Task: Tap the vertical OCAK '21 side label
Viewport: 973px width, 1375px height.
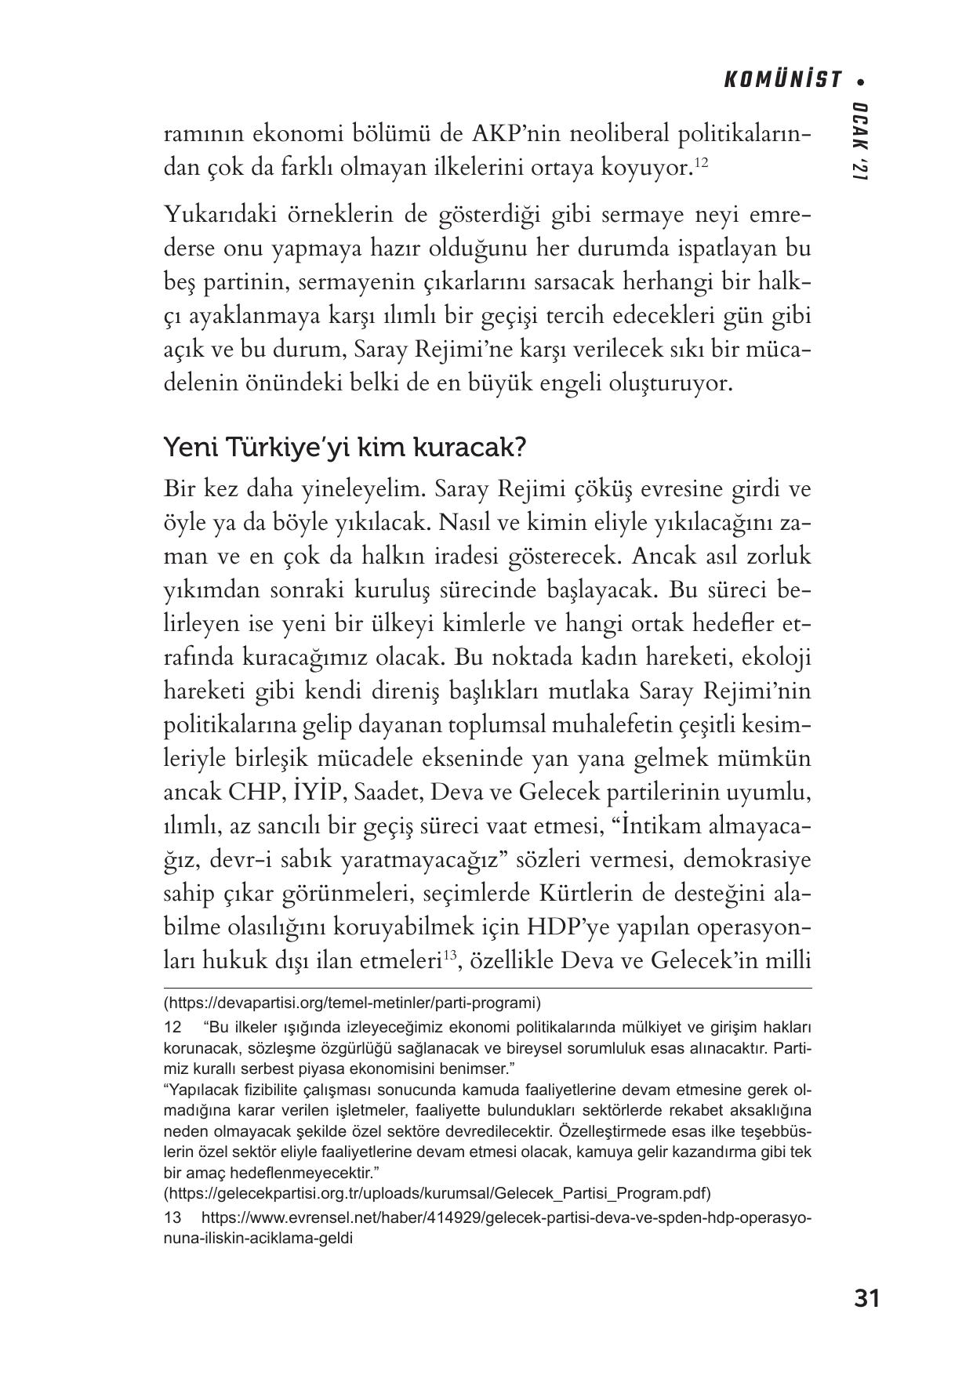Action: tap(860, 143)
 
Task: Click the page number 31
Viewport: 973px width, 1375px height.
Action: tap(866, 1298)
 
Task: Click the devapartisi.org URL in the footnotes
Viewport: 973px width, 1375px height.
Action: tap(352, 1002)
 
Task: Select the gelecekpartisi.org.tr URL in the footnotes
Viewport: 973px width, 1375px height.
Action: tap(437, 1193)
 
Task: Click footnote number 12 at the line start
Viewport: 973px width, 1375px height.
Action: tap(172, 1027)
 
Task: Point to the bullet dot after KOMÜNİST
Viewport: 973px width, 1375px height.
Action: tap(862, 81)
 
